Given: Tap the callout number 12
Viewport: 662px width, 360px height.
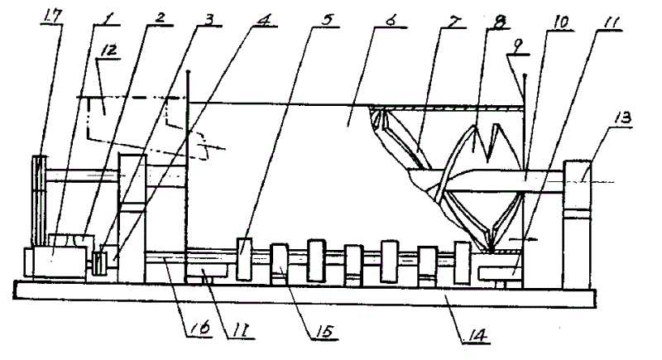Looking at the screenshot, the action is point(108,50).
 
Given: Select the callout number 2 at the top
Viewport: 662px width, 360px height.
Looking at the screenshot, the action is point(160,17).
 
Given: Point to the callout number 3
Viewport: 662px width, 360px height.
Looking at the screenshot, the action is point(209,18).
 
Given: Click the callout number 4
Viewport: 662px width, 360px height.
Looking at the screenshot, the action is point(263,19).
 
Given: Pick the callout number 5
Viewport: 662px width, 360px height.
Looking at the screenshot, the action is point(326,19).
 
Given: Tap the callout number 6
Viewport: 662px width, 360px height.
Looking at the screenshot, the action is point(390,20).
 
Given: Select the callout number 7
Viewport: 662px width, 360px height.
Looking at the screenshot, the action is point(452,21).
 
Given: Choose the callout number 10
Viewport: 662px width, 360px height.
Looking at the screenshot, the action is point(560,22).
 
